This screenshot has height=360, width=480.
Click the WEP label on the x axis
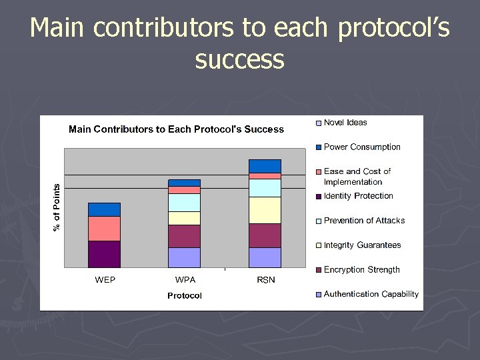click(105, 280)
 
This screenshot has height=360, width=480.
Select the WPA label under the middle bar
click(185, 280)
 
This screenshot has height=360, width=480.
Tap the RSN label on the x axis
click(265, 280)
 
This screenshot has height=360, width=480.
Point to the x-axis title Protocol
click(185, 295)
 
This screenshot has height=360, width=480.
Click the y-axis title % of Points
click(57, 207)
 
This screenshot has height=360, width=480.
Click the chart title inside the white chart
click(176, 129)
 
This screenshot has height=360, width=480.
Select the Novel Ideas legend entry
click(345, 123)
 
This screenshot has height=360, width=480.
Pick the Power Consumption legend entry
click(361, 147)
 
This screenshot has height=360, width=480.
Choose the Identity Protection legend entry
click(358, 196)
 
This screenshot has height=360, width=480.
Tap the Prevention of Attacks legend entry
click(363, 221)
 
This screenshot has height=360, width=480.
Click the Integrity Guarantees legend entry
click(362, 245)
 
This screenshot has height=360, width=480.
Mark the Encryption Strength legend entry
click(361, 270)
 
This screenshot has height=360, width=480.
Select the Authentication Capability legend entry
click(371, 294)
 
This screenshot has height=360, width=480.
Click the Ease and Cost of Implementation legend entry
click(357, 177)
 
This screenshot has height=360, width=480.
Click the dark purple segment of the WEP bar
click(104, 254)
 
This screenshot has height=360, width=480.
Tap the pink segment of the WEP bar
click(104, 229)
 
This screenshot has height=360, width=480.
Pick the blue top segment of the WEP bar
click(104, 209)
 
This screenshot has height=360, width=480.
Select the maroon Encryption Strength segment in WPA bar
click(184, 236)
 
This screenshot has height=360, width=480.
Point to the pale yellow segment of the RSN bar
click(265, 210)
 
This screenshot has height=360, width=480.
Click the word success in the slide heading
click(240, 59)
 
